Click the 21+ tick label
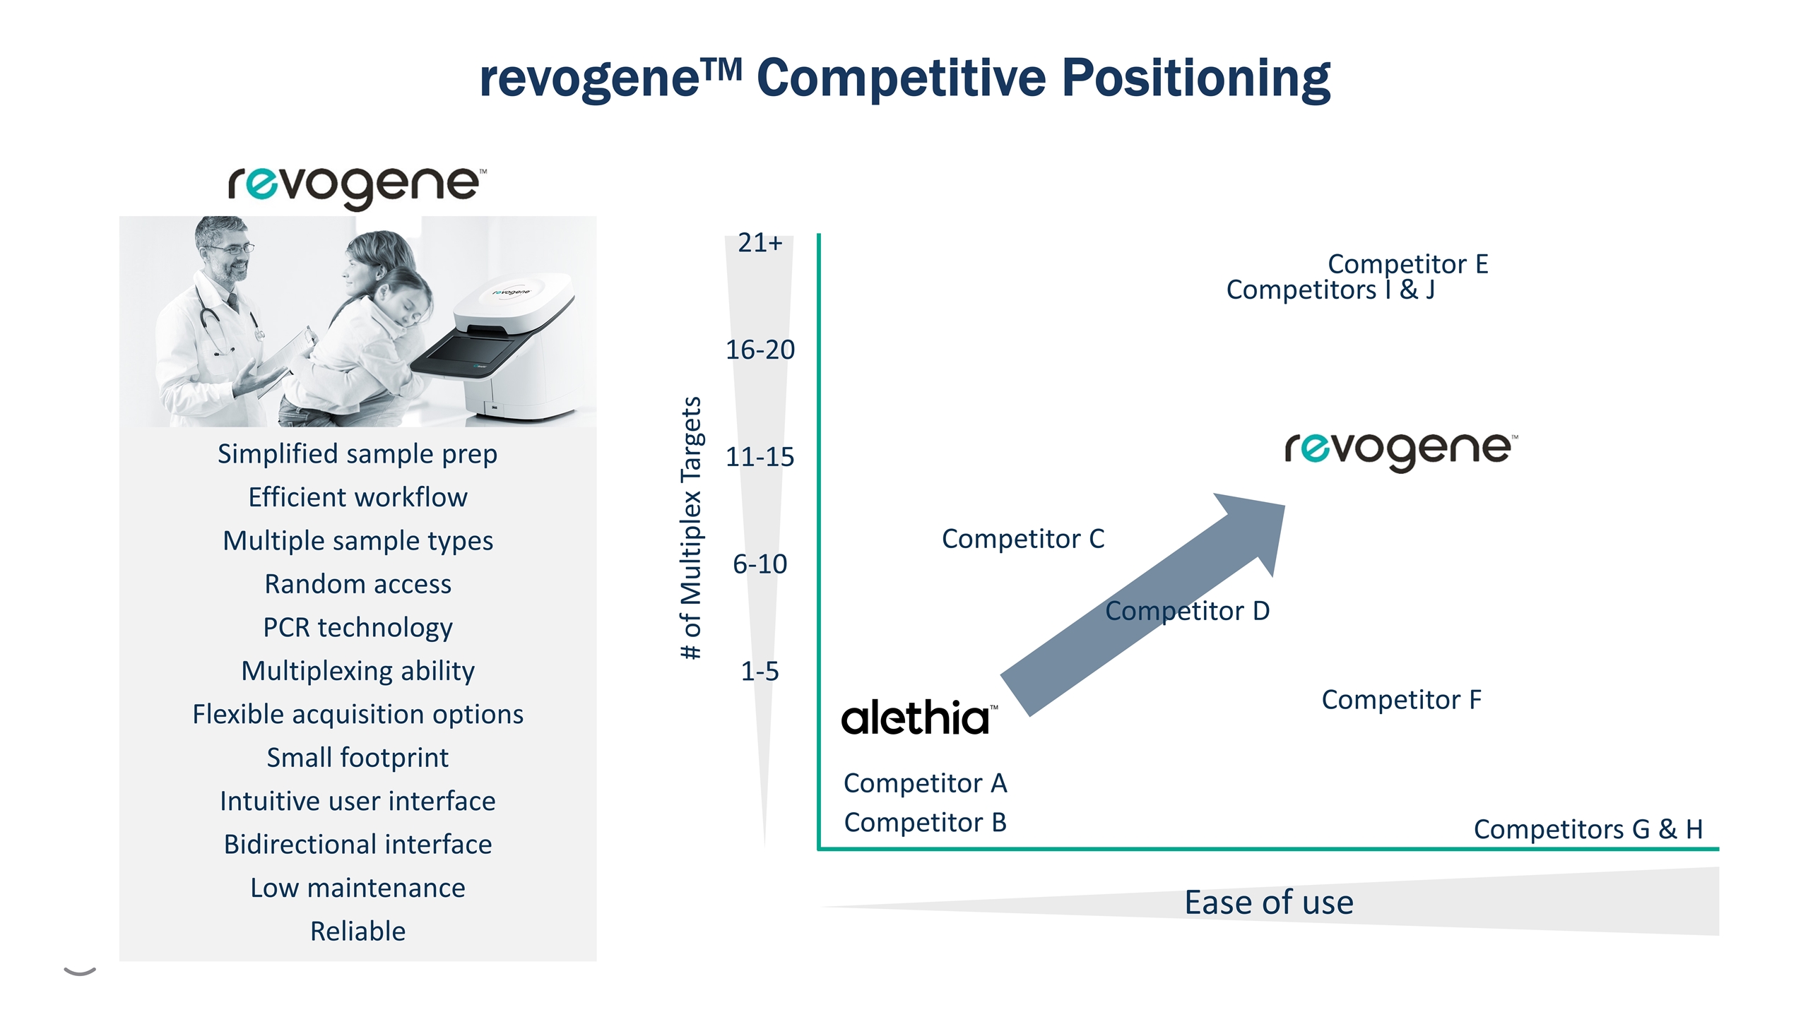[x=760, y=243]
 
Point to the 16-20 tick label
[x=760, y=350]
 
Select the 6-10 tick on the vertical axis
[x=760, y=564]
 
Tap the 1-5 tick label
[x=760, y=671]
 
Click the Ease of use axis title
[x=1269, y=903]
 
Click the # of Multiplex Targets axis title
[x=691, y=528]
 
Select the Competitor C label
[x=1023, y=539]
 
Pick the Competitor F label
[x=1402, y=700]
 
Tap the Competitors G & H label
[x=1588, y=829]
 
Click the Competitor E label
[x=1408, y=264]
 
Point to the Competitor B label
[x=926, y=823]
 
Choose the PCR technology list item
[x=358, y=627]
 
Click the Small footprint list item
[x=358, y=758]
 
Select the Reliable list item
[x=358, y=932]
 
